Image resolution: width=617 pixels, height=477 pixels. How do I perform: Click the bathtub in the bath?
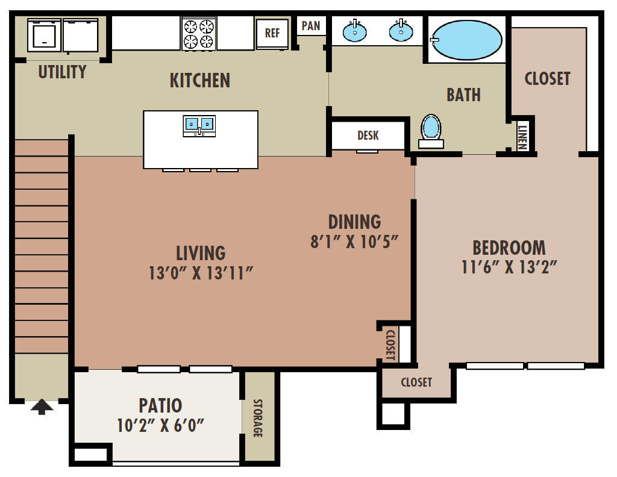click(467, 40)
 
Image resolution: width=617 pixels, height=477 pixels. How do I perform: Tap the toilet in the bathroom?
click(431, 131)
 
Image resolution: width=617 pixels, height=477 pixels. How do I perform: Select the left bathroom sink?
click(354, 31)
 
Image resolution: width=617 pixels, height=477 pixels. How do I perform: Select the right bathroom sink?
click(401, 31)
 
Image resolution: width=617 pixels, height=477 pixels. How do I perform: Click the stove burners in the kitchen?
click(199, 34)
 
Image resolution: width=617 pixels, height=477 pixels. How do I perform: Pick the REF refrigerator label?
click(272, 33)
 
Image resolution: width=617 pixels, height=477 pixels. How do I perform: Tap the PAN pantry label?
click(311, 26)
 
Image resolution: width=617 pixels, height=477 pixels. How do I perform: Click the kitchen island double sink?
click(199, 125)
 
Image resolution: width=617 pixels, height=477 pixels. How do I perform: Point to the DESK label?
click(368, 136)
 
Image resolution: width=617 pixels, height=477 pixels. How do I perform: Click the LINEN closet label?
click(522, 137)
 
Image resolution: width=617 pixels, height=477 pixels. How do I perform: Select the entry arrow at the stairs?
click(42, 407)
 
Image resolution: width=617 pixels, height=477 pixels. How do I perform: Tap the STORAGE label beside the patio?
click(257, 418)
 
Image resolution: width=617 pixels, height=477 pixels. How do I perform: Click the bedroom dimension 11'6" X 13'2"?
click(509, 267)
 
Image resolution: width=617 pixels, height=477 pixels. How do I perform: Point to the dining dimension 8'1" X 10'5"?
click(354, 242)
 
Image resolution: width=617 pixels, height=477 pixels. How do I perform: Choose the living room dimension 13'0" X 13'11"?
click(201, 273)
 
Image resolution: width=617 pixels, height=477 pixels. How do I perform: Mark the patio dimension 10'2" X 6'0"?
click(160, 425)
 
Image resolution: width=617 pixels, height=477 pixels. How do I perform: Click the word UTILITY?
click(62, 72)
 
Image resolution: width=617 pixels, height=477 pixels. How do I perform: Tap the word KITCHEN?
click(200, 81)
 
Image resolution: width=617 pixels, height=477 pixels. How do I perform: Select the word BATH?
click(463, 95)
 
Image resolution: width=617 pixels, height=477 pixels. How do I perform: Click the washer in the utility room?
click(44, 35)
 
